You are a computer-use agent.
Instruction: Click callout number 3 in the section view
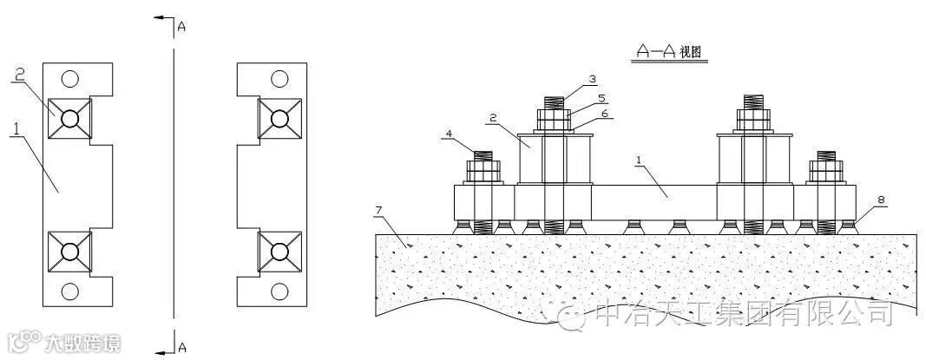(592, 79)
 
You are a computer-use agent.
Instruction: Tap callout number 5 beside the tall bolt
(601, 98)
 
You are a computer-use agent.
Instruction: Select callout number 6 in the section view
(605, 114)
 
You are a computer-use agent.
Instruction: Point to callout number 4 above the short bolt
(449, 134)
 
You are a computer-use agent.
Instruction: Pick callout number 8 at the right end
(881, 200)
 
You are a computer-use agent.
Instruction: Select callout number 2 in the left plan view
(18, 76)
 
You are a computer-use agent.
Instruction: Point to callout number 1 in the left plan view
(15, 128)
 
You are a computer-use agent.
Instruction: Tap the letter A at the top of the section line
(181, 27)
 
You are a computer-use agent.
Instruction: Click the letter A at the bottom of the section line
(181, 347)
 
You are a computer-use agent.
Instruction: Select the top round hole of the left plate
(70, 79)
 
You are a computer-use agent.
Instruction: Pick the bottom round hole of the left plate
(70, 291)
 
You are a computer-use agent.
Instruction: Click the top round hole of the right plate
(279, 79)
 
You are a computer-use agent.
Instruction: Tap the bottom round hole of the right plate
(279, 291)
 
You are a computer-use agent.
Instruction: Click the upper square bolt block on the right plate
(279, 118)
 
